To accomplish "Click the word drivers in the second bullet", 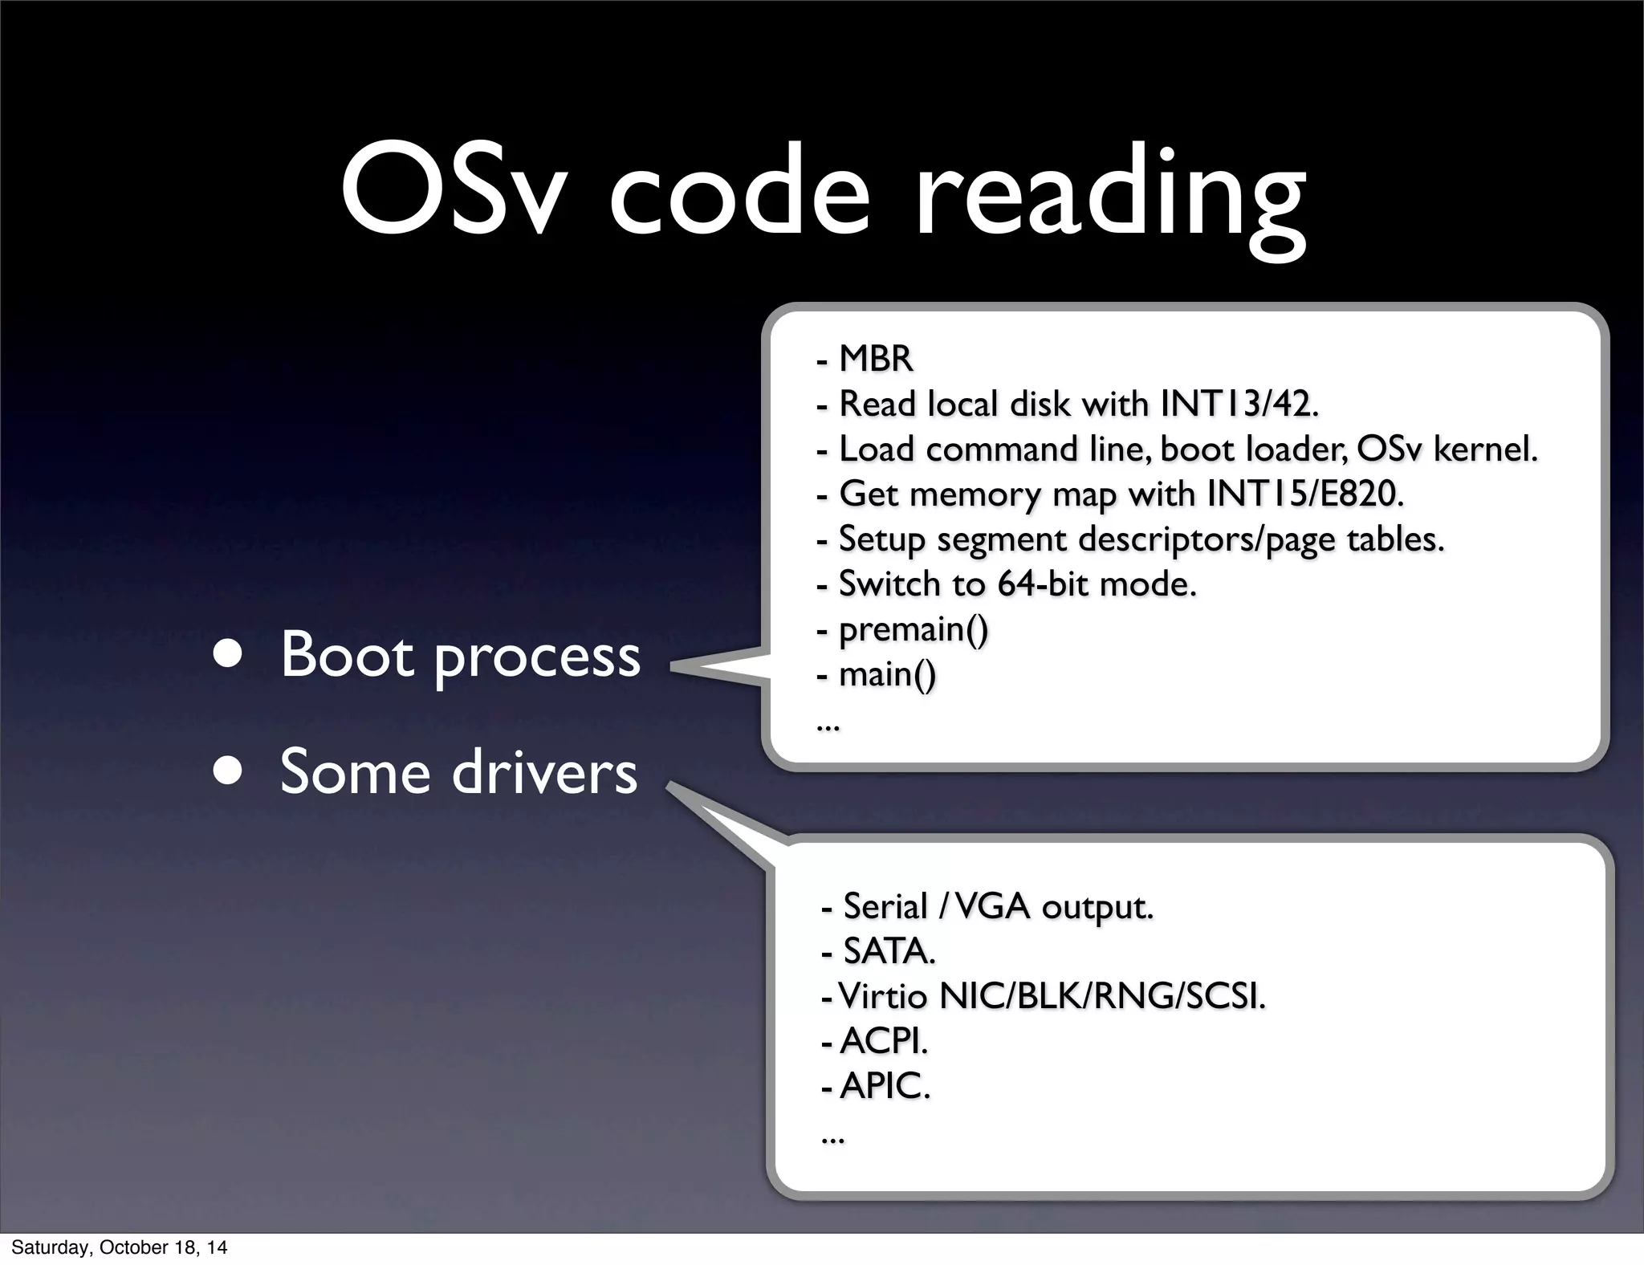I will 545,771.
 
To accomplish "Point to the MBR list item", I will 875,359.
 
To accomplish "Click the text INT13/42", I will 1239,404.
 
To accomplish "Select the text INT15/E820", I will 1305,494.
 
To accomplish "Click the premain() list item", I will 914,629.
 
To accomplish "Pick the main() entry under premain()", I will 887,674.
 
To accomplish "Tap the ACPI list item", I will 883,1042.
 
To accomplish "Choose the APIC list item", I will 885,1087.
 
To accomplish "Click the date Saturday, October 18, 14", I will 119,1247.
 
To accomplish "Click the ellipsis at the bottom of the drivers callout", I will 832,1138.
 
